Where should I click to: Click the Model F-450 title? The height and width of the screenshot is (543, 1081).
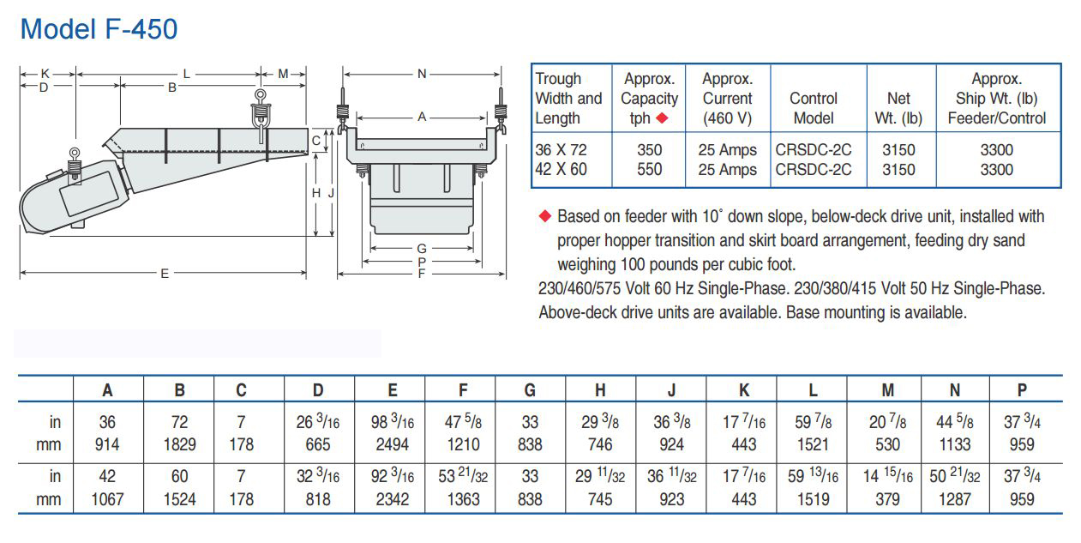click(x=99, y=29)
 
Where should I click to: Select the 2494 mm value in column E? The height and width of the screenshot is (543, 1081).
click(x=393, y=444)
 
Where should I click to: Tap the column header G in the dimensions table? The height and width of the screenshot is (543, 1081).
click(x=530, y=390)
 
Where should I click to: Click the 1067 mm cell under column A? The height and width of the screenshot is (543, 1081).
click(x=107, y=499)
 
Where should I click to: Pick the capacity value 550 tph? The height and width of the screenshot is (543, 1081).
click(x=650, y=170)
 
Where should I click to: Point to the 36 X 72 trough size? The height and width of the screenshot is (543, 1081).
click(x=562, y=150)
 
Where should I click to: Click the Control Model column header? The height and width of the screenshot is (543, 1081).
click(x=814, y=108)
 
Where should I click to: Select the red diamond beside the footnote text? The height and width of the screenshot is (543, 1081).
click(x=544, y=215)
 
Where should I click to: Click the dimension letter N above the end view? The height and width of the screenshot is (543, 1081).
click(x=422, y=75)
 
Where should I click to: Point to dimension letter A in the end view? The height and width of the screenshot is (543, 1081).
click(x=422, y=117)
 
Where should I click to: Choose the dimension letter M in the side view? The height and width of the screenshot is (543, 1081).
click(x=283, y=75)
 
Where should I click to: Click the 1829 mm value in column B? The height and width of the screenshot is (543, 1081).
click(x=180, y=444)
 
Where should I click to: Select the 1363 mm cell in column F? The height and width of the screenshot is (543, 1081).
click(x=463, y=499)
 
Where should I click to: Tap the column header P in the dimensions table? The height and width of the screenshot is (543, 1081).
click(x=1022, y=390)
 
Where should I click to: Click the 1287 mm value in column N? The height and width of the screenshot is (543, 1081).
click(x=955, y=499)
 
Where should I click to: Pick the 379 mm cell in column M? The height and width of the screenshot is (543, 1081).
click(x=888, y=499)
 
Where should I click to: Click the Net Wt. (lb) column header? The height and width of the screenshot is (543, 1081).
click(x=898, y=108)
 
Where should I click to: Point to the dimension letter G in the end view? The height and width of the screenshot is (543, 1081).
click(x=422, y=249)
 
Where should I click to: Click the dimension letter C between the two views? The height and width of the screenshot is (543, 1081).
click(x=316, y=140)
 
